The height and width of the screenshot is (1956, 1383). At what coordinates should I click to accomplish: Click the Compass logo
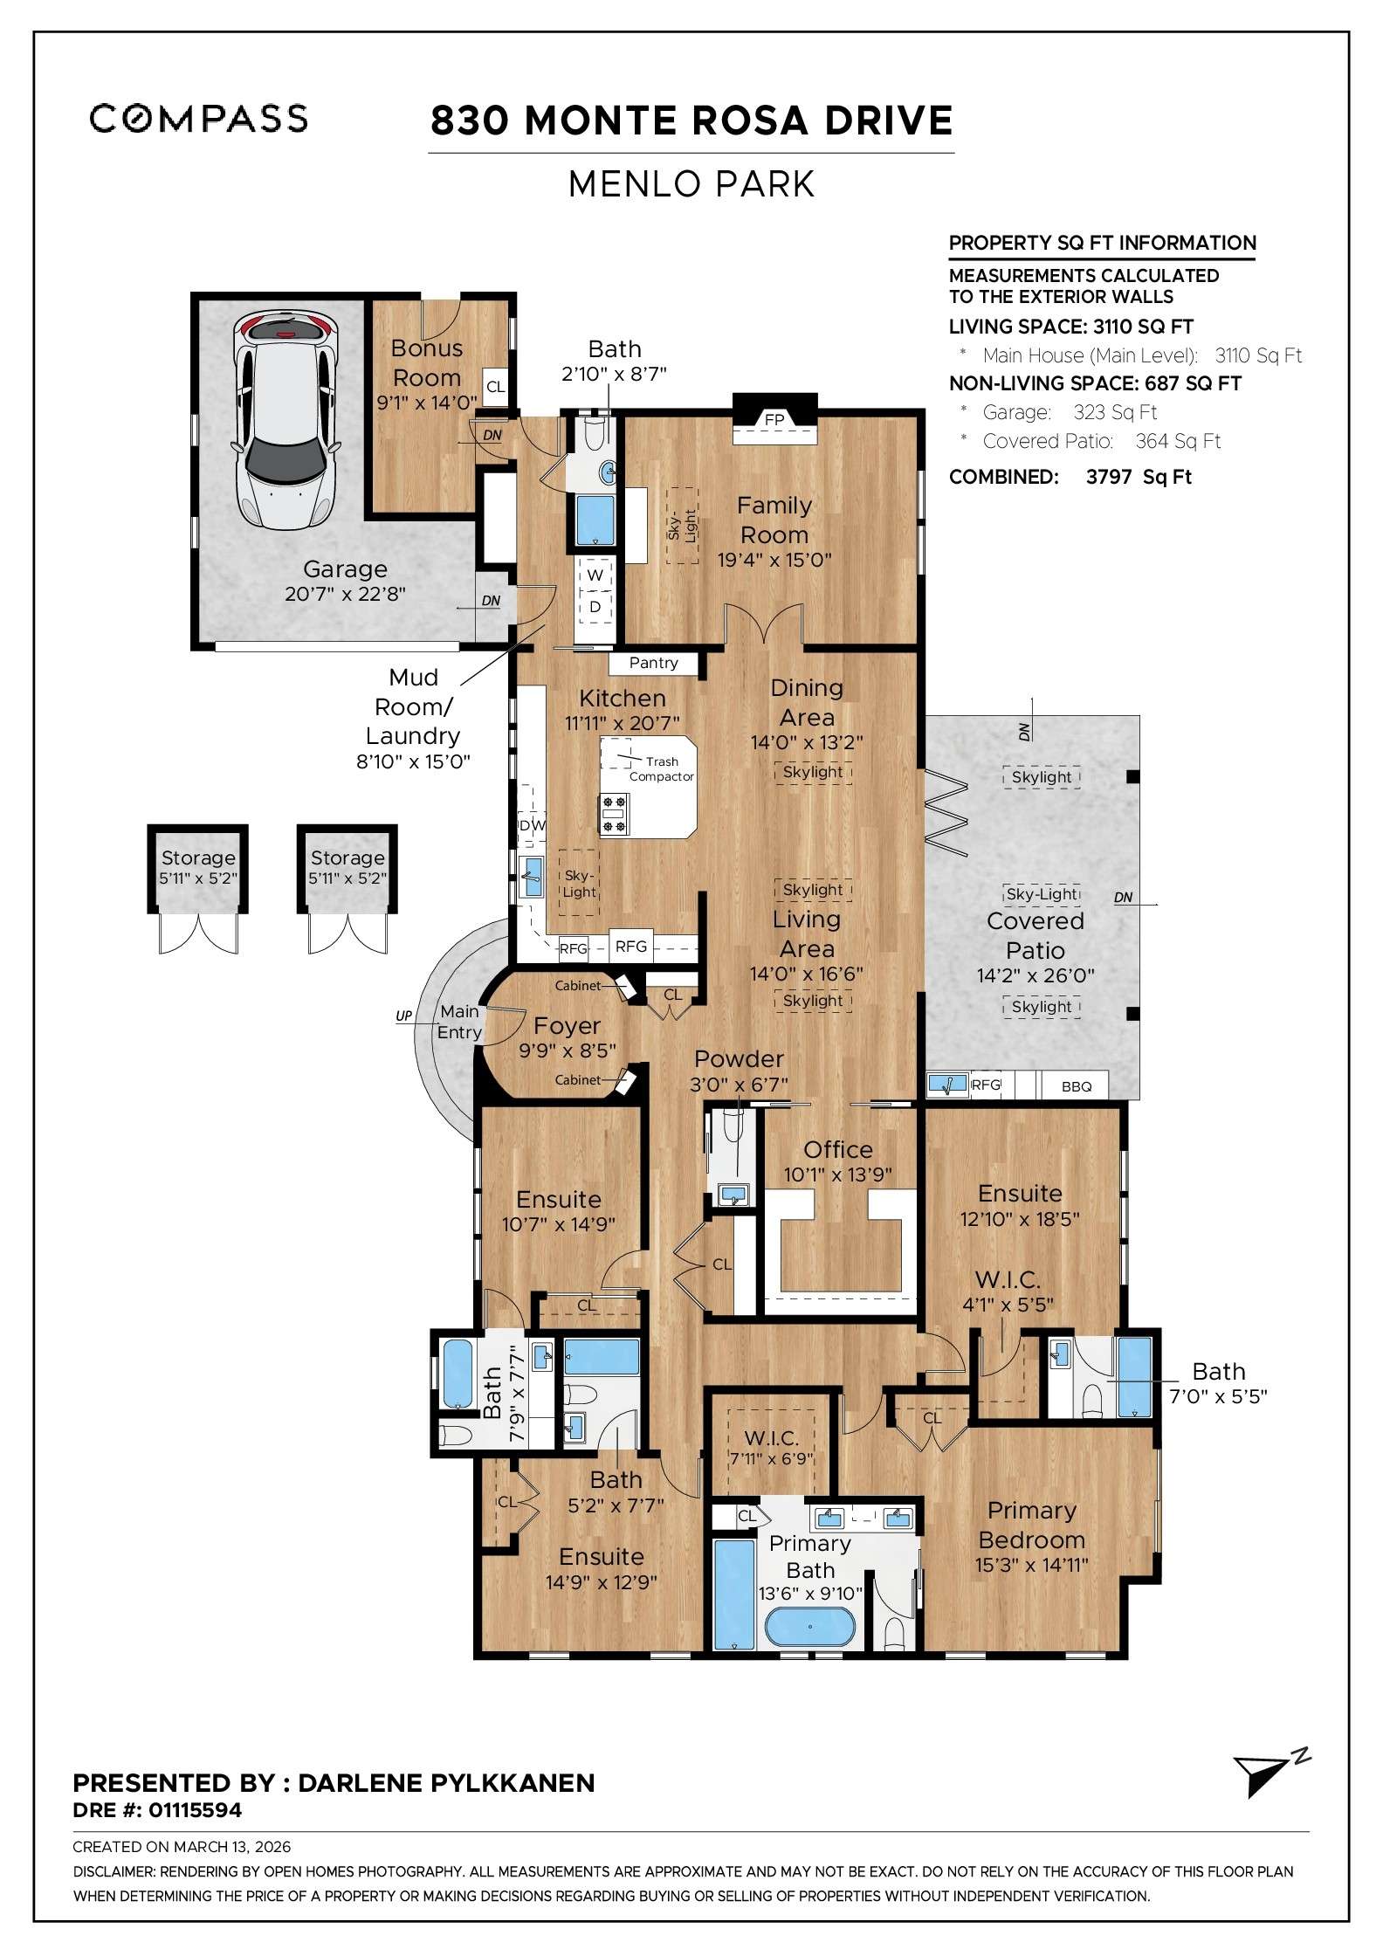pyautogui.click(x=198, y=118)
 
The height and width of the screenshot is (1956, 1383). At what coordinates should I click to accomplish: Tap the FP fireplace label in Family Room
pyautogui.click(x=774, y=420)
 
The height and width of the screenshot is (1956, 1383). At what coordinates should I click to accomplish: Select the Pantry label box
pyautogui.click(x=653, y=663)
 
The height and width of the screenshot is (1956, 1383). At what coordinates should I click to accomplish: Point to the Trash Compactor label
pyautogui.click(x=662, y=769)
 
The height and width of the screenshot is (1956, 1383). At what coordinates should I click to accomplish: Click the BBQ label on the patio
pyautogui.click(x=1077, y=1086)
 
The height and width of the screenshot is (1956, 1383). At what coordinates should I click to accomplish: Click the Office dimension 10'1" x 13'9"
pyautogui.click(x=837, y=1174)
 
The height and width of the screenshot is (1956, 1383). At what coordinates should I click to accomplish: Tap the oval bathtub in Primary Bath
pyautogui.click(x=809, y=1627)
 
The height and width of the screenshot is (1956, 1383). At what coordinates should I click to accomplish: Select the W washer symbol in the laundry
pyautogui.click(x=595, y=575)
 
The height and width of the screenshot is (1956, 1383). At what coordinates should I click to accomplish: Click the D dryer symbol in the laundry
pyautogui.click(x=595, y=606)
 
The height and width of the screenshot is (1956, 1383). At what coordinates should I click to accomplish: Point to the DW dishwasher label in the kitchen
pyautogui.click(x=532, y=825)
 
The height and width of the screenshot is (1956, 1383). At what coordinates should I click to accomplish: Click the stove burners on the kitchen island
pyautogui.click(x=614, y=814)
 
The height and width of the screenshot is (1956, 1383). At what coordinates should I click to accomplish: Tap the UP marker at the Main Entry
pyautogui.click(x=403, y=1016)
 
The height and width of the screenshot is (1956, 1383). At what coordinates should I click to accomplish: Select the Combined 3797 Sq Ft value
pyautogui.click(x=1139, y=477)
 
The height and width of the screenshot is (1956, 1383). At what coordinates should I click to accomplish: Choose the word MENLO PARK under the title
pyautogui.click(x=691, y=184)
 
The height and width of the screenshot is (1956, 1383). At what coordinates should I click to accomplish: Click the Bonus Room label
pyautogui.click(x=426, y=362)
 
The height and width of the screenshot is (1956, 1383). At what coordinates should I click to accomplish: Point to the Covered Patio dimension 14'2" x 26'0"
pyautogui.click(x=1036, y=975)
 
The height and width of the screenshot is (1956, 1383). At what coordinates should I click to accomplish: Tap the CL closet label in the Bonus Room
pyautogui.click(x=495, y=387)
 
